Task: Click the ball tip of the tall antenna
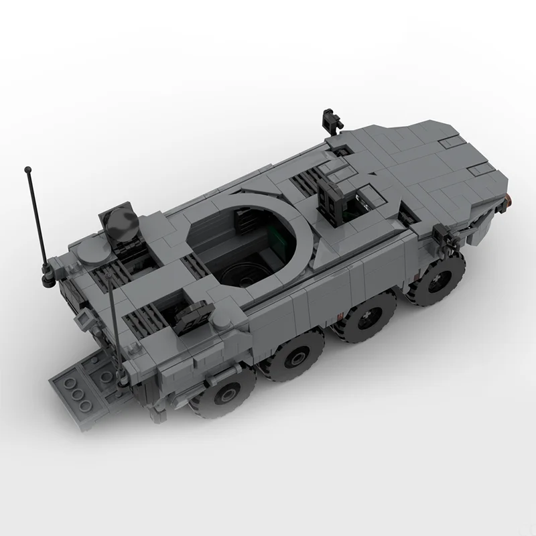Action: [28, 168]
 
